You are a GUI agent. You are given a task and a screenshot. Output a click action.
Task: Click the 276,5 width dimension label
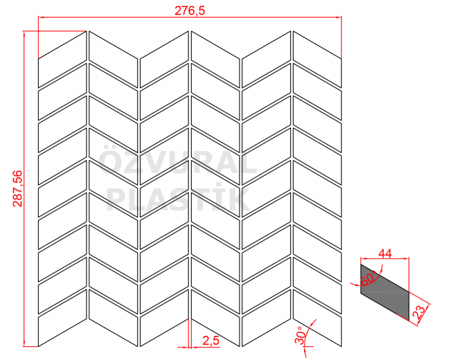click(x=190, y=10)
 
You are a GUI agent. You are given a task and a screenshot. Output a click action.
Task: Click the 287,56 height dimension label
click(x=17, y=188)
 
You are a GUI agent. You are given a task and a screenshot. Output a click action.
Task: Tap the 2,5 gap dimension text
click(x=210, y=341)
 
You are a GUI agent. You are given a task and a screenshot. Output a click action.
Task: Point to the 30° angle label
click(x=300, y=335)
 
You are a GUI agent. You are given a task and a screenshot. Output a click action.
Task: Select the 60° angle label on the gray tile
click(x=368, y=278)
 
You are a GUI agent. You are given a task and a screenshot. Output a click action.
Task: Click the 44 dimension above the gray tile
click(x=385, y=253)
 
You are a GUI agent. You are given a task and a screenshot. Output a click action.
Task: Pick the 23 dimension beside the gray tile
click(x=419, y=312)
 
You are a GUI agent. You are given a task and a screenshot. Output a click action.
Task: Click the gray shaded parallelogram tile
click(x=384, y=292)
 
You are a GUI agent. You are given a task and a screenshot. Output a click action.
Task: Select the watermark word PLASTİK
click(x=178, y=199)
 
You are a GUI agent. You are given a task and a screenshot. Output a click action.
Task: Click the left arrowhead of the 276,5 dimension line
click(x=42, y=17)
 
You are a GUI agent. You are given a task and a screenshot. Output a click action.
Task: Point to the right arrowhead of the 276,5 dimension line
click(x=339, y=17)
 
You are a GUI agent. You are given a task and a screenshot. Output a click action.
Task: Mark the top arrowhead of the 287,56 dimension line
click(x=24, y=34)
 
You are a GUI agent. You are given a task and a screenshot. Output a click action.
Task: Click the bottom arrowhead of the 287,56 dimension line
click(x=24, y=343)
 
